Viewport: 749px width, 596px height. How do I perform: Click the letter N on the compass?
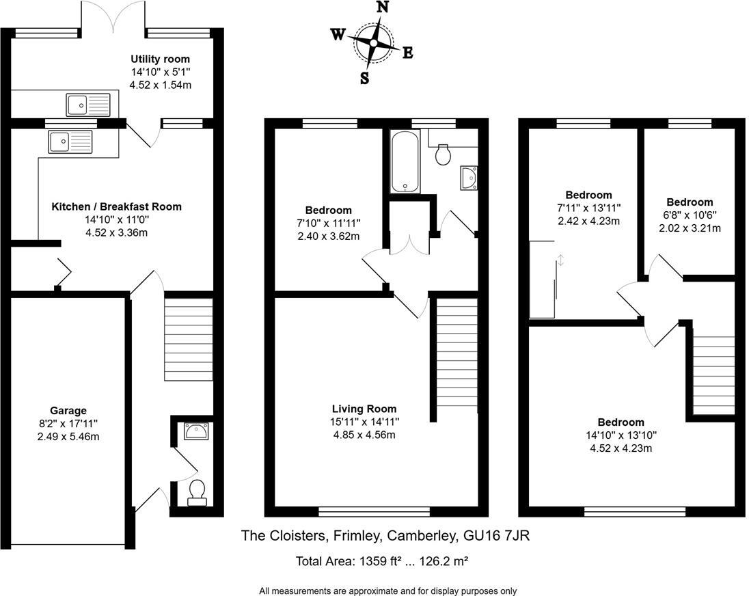pos(383,7)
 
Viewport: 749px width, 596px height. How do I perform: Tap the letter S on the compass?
pos(364,78)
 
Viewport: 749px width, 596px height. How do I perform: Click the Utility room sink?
pos(88,105)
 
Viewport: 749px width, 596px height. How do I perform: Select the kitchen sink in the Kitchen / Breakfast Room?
pos(70,141)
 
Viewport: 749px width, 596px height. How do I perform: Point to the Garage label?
pos(68,411)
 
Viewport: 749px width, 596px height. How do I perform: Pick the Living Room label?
pos(364,409)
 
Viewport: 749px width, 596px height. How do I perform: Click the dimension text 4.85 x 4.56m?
pos(364,435)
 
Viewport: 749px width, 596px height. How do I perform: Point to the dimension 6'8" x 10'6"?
pos(690,215)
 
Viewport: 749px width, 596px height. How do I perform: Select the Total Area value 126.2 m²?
pos(444,561)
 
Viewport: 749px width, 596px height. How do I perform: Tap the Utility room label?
pos(161,59)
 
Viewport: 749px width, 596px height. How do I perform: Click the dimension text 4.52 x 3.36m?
pos(117,232)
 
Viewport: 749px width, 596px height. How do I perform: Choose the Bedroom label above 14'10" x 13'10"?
pos(621,422)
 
